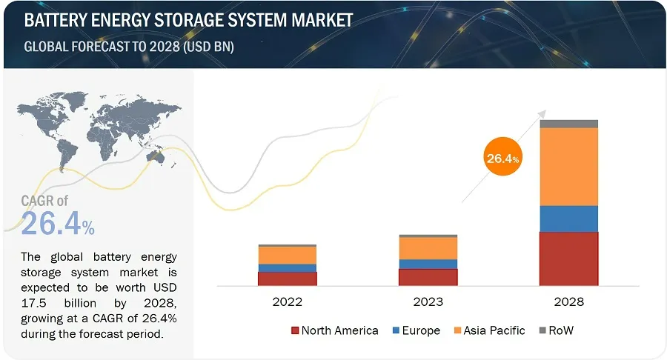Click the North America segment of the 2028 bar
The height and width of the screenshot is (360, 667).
pyautogui.click(x=568, y=259)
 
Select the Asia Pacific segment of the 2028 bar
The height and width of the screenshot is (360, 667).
pyautogui.click(x=568, y=167)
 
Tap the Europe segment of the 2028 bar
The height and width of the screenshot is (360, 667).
pyautogui.click(x=568, y=219)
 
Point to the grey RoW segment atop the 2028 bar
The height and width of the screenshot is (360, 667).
pyautogui.click(x=568, y=124)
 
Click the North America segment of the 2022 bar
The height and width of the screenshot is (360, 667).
pyautogui.click(x=288, y=279)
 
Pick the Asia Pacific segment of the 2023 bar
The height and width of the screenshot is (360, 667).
pyautogui.click(x=428, y=248)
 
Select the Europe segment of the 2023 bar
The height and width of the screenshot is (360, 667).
pyautogui.click(x=428, y=264)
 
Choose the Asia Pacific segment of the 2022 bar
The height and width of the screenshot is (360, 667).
pyautogui.click(x=288, y=256)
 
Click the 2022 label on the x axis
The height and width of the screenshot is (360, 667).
pyautogui.click(x=288, y=302)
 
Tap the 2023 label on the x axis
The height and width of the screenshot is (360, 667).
pyautogui.click(x=428, y=302)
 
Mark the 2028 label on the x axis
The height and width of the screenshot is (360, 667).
pyautogui.click(x=568, y=302)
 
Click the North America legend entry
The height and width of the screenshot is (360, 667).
pyautogui.click(x=334, y=330)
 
